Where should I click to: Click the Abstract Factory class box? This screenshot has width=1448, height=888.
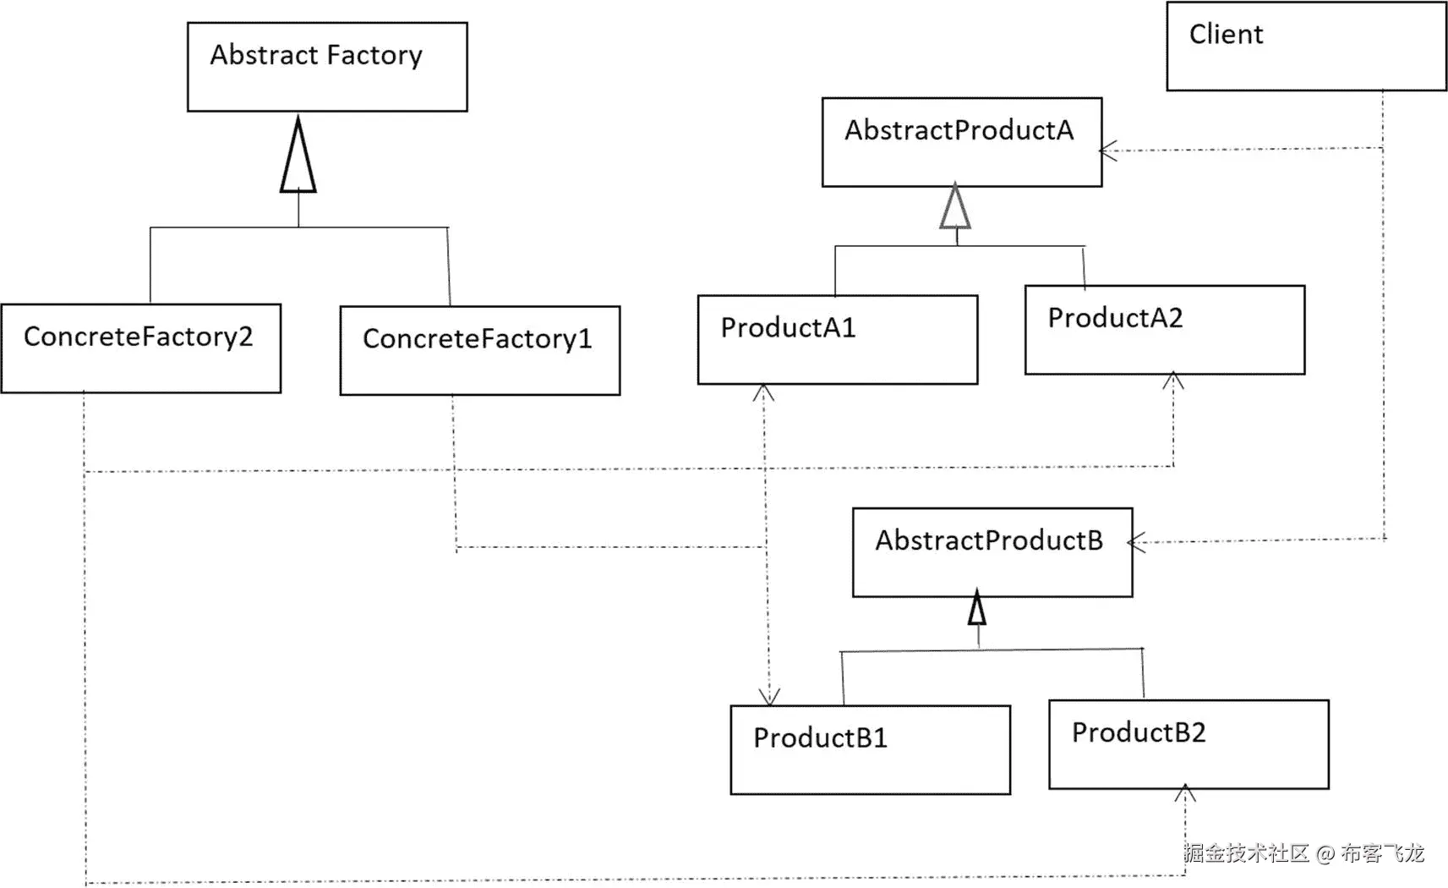[327, 67]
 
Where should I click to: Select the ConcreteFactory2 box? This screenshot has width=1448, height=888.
[141, 348]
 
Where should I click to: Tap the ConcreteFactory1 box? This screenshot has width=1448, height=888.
[480, 350]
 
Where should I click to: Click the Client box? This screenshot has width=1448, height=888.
[1306, 47]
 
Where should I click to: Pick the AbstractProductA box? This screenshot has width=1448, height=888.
[962, 142]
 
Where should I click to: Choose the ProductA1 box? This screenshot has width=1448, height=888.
[838, 340]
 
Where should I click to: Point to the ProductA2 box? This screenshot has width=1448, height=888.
[1165, 330]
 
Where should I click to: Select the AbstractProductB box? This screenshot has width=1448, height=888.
[992, 552]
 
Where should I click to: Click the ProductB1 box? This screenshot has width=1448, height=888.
[871, 750]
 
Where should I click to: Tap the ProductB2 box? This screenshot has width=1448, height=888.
[1188, 744]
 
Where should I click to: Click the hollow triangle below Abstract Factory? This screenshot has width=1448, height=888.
[298, 157]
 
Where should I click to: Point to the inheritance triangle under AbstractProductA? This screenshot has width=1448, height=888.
[955, 208]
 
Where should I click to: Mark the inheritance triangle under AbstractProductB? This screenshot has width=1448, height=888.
[977, 608]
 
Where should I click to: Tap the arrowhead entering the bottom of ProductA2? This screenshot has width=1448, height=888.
[1173, 381]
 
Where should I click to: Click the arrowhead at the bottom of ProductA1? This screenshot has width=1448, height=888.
[764, 392]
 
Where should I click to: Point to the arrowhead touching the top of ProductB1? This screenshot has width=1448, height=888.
[769, 696]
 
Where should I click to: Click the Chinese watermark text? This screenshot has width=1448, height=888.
[1303, 853]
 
